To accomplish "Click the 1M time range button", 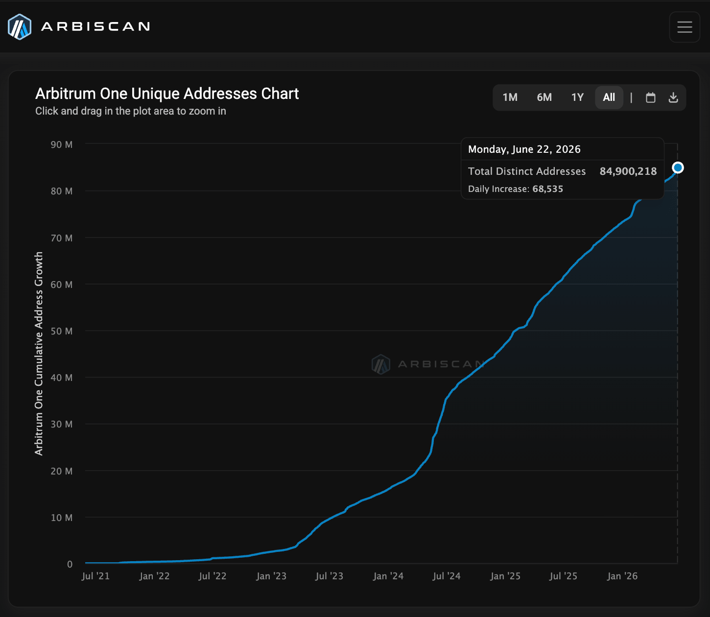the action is pos(510,97).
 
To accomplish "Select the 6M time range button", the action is pos(544,97).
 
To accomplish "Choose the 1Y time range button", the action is pos(577,97).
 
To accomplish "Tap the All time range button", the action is pos(609,97).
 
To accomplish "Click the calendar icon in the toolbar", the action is pos(651,97).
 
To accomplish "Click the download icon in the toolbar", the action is pos(673,97).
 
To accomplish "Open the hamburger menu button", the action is pos(685,27).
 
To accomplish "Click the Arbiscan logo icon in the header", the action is pos(20,27).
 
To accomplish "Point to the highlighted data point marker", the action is pos(678,167).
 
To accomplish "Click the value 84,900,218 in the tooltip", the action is pos(628,171).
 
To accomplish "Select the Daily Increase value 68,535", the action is pos(547,189).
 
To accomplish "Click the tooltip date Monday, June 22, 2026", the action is pos(524,149).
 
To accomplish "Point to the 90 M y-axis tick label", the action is pos(62,144).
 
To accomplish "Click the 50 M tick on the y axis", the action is pos(62,331).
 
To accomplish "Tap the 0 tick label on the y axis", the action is pos(70,564).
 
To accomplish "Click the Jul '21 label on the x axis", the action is pos(96,576).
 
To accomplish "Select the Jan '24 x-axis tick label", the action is pos(388,576).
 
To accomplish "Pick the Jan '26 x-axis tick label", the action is pos(622,576).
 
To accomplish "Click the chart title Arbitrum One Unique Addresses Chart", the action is pos(167,94).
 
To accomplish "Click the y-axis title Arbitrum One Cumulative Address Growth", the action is pos(39,354).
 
